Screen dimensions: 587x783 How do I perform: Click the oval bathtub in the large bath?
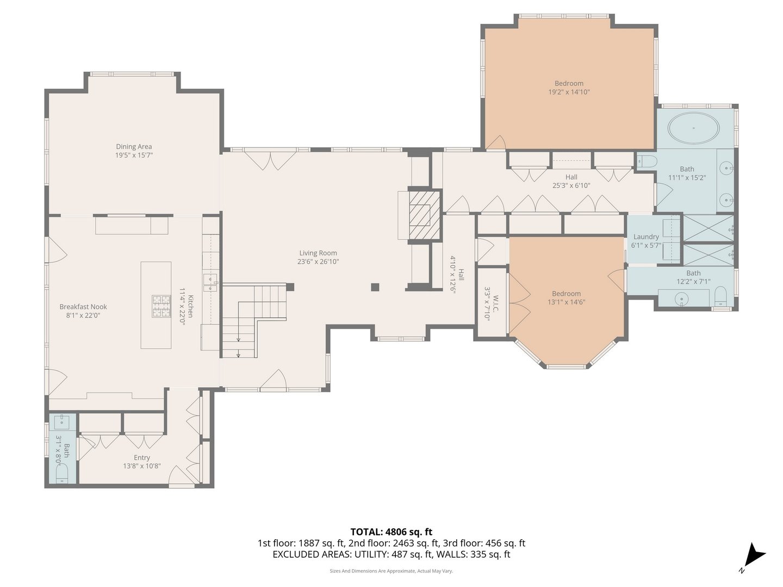693,129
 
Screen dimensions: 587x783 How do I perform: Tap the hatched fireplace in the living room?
424,214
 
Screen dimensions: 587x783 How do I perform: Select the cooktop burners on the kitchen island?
161,305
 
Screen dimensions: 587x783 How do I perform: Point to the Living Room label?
318,253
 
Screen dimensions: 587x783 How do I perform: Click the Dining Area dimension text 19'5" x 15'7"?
134,155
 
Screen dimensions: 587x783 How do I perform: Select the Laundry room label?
646,236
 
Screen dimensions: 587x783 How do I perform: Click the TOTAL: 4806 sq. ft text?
391,532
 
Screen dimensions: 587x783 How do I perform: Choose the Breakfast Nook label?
83,307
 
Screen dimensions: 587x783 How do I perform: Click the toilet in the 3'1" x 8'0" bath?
62,472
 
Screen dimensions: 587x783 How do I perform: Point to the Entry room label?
142,458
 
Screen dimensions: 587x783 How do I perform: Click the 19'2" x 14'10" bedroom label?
569,88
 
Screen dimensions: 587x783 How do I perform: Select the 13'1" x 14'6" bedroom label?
566,298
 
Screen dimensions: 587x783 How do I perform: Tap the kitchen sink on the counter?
210,279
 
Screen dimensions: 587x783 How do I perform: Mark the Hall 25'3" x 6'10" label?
571,181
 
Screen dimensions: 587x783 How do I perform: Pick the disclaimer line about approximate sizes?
391,571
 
